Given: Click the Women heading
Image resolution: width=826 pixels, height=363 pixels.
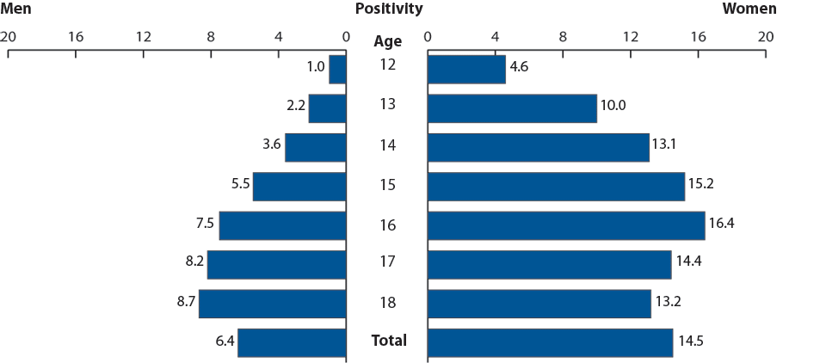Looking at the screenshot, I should [749, 9].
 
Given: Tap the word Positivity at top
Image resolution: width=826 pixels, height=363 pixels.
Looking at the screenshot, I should [389, 9].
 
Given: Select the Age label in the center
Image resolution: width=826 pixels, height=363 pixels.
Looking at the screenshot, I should [388, 41].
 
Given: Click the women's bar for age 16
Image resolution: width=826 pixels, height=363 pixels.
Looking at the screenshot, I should [565, 225].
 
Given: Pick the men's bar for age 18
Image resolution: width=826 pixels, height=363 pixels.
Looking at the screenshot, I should [272, 304].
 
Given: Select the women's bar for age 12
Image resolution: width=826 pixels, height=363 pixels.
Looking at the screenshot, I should [465, 70].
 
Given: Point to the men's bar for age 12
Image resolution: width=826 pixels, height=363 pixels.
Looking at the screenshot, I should [337, 70].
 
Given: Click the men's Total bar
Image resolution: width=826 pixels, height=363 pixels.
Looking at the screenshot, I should [292, 342].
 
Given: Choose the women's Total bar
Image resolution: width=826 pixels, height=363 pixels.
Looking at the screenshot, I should [550, 342].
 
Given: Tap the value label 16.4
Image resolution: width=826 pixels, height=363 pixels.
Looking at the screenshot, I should [721, 224].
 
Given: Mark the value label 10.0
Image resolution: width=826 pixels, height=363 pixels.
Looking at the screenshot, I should [613, 106].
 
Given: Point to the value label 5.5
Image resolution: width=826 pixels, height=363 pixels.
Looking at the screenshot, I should [238, 184].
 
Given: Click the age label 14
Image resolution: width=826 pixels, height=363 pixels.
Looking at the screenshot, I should [388, 145].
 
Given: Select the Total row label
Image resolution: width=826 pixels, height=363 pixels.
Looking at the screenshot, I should [389, 341].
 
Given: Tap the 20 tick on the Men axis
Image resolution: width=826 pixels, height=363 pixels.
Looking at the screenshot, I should [8, 37].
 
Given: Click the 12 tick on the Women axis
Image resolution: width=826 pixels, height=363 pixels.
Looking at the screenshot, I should [630, 37].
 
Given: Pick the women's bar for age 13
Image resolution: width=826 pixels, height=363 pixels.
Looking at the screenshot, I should [512, 108].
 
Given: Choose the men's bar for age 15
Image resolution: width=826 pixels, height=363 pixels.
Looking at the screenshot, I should [299, 187].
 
